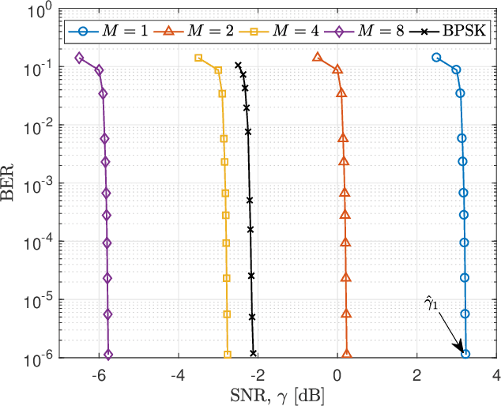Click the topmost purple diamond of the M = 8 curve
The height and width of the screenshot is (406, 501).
[79, 58]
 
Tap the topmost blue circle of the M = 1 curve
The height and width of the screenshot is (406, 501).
[436, 57]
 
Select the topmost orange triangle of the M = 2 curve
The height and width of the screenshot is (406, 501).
[318, 57]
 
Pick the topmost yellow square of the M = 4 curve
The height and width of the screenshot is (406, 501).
[198, 58]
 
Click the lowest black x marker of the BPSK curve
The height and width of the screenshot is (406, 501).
[253, 354]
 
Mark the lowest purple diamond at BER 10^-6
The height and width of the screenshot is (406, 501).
[108, 355]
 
